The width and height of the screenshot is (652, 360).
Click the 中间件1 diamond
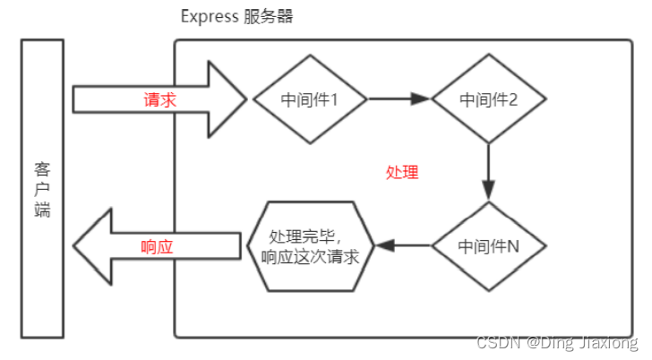pos(310,99)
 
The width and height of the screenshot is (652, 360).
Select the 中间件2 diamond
pos(489,99)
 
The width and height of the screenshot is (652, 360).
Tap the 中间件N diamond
pos(489,245)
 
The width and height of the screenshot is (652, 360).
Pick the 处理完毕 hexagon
pos(310,245)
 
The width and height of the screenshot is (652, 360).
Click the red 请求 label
pos(160,99)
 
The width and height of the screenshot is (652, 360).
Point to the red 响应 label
pos(157,247)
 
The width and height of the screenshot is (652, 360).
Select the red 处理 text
pos(401,172)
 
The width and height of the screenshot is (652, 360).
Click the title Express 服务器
pos(236,17)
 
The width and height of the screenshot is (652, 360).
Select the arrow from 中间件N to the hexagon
pos(403,245)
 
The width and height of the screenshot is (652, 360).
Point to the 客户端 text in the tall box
pos(43,189)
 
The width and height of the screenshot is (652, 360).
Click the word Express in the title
pos(209,17)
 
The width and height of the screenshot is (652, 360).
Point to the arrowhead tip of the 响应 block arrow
pos(74,245)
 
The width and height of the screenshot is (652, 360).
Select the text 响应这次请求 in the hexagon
pos(310,257)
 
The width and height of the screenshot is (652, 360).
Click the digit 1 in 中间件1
pos(333,99)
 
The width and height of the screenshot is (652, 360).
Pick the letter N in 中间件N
pos(513,245)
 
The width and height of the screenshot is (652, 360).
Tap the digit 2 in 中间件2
pos(513,99)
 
